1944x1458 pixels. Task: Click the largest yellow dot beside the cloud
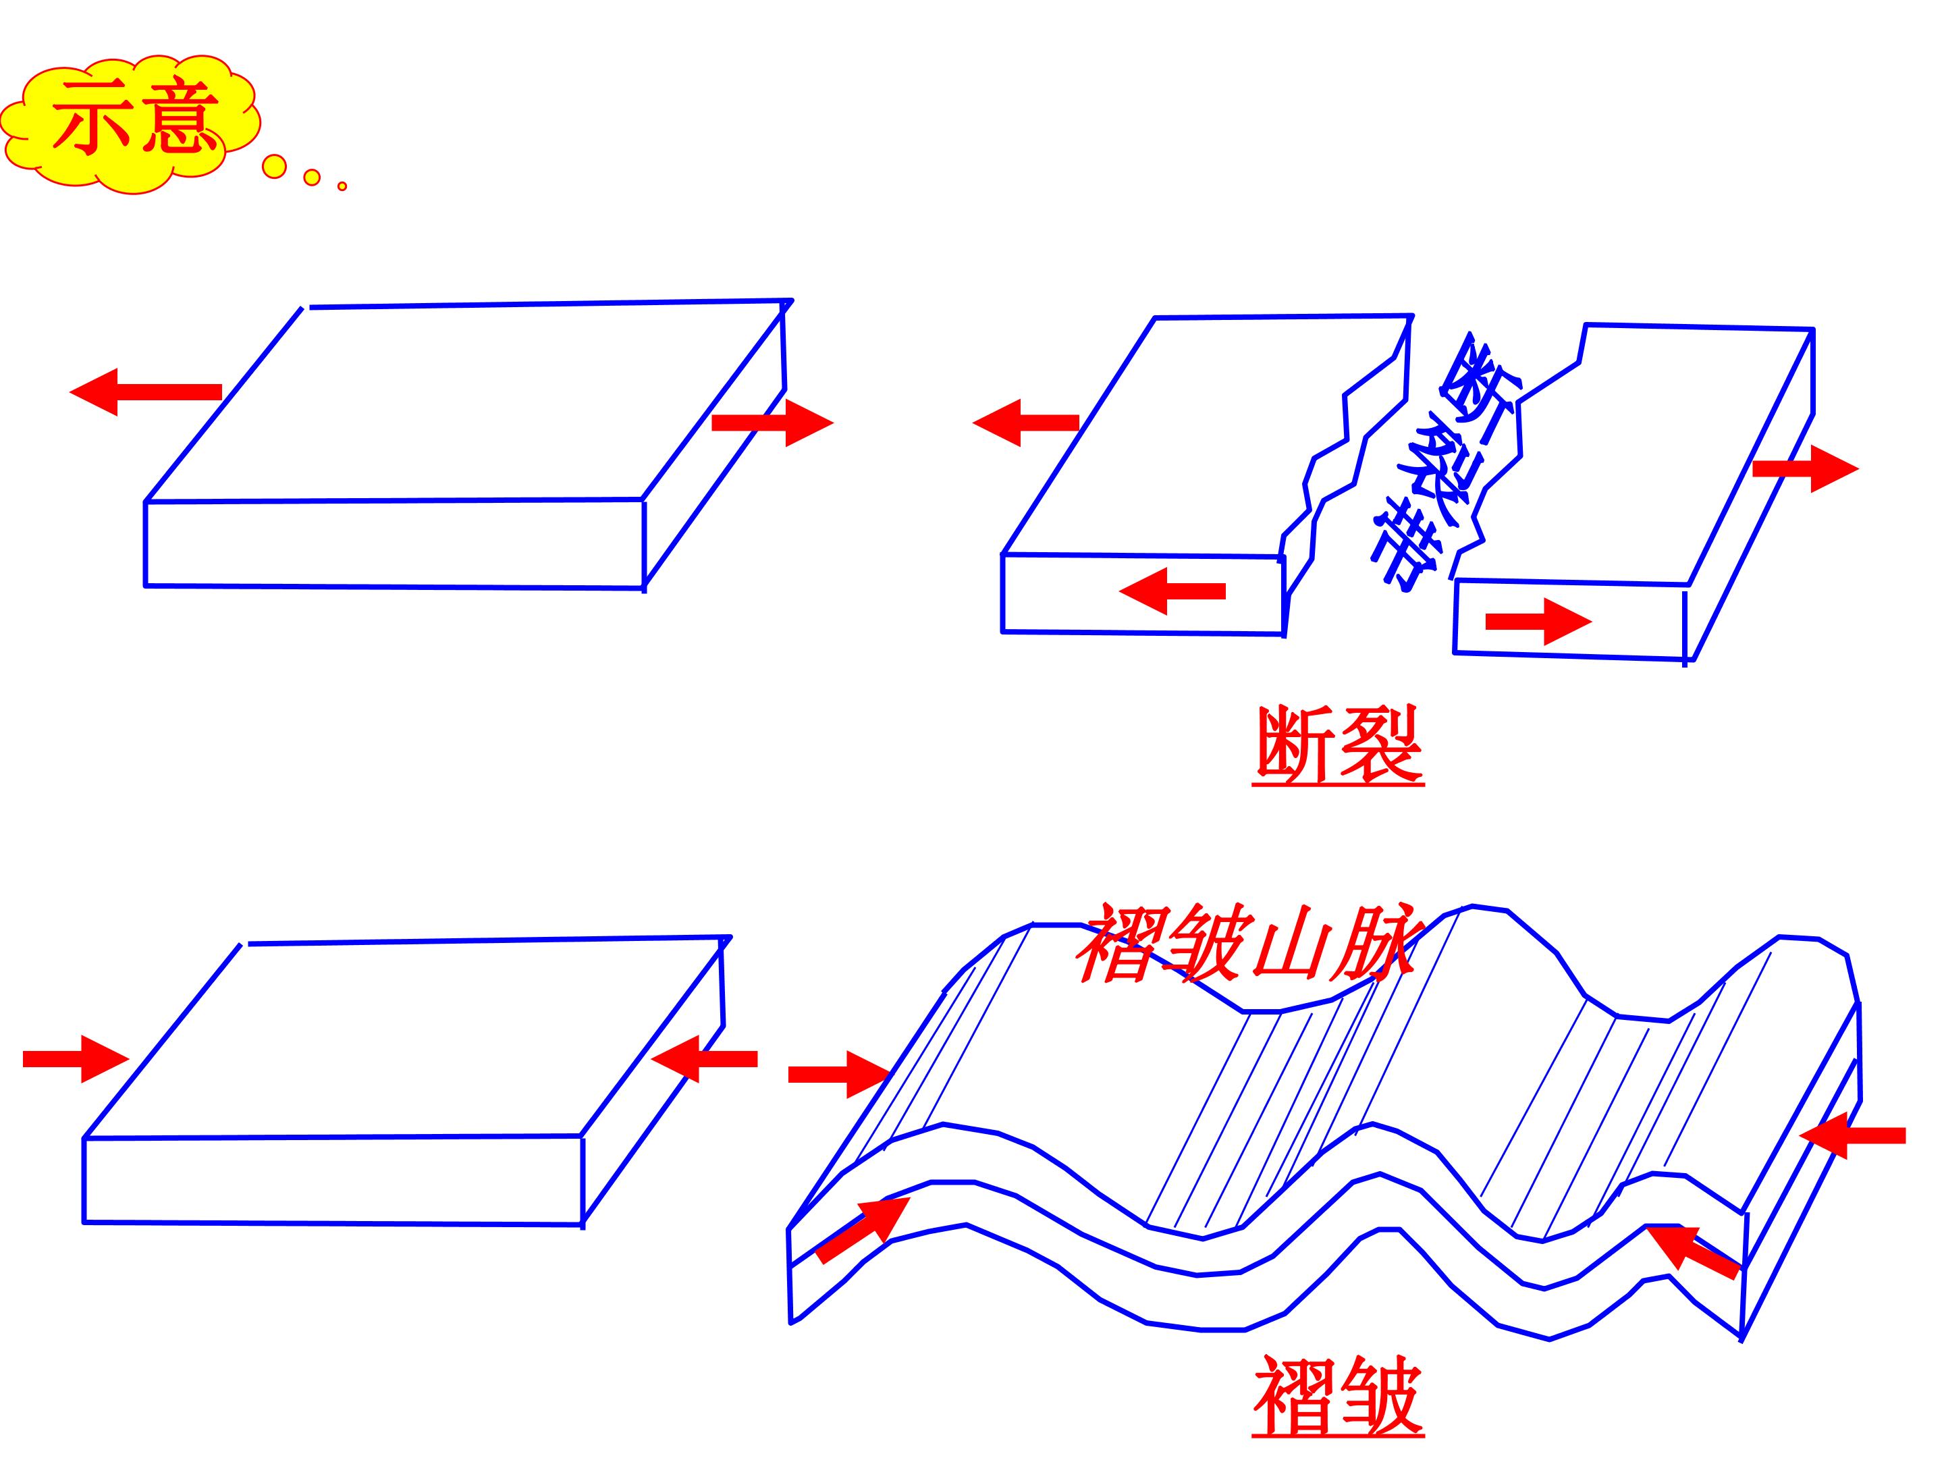coord(274,166)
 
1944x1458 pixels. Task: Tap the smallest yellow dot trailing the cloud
coord(342,186)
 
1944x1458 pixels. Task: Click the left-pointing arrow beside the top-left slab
coord(146,392)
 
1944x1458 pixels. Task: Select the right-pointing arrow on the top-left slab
coord(772,423)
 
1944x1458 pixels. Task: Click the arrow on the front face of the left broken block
coord(1172,591)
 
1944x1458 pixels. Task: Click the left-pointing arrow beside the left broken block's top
coord(1025,423)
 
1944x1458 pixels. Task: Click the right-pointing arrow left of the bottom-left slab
coord(76,1059)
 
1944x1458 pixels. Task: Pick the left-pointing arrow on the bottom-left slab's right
coord(704,1059)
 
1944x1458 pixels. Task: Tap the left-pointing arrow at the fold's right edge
coord(1853,1135)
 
